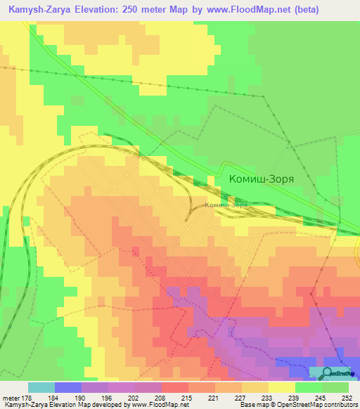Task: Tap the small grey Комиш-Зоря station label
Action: pos(226,205)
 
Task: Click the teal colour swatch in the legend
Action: pos(41,387)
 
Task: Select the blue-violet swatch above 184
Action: pos(68,387)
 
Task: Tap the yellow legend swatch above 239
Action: pos(282,387)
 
